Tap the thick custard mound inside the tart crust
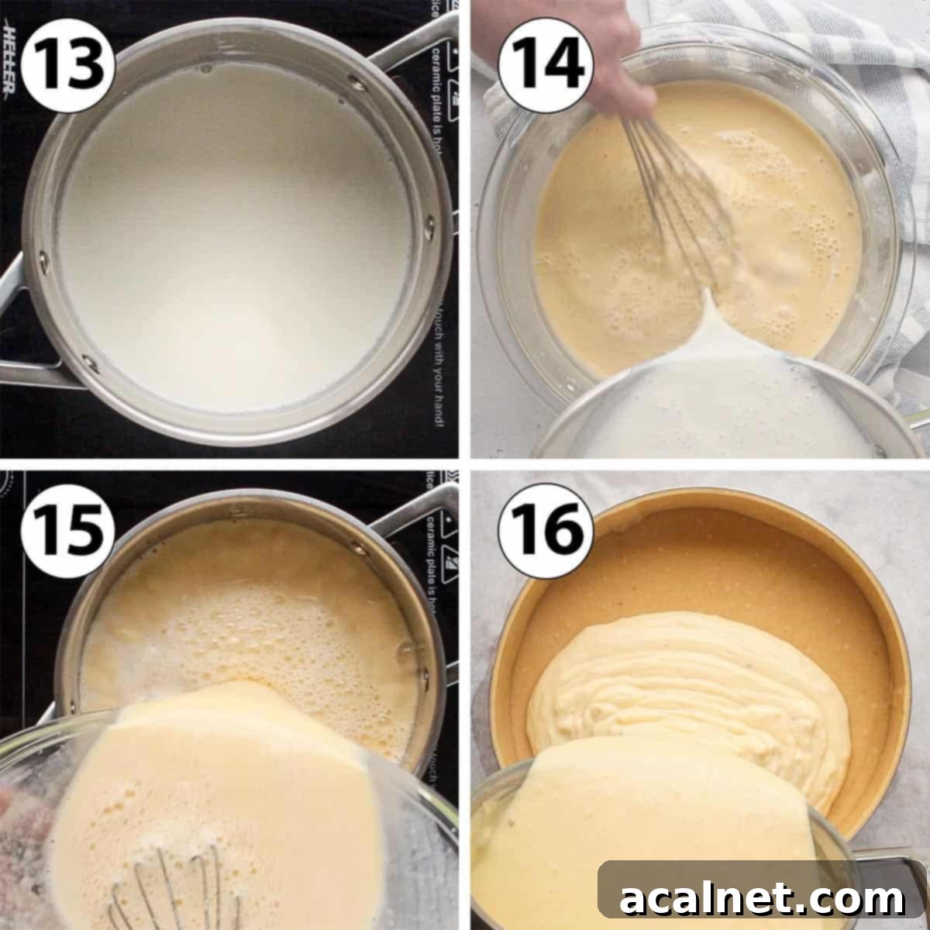(682, 674)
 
